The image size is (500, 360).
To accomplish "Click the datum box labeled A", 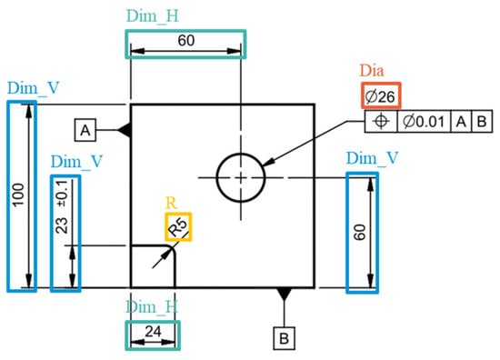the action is pyautogui.click(x=85, y=130).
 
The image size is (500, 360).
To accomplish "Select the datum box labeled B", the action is pyautogui.click(x=285, y=338).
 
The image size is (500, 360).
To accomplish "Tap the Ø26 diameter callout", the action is pyautogui.click(x=381, y=96).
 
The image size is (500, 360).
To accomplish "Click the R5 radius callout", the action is pyautogui.click(x=178, y=226).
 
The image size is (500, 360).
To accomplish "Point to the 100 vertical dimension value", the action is pyautogui.click(x=19, y=195).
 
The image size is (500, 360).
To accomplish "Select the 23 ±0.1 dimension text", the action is pyautogui.click(x=62, y=207).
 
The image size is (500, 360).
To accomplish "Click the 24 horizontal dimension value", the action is pyautogui.click(x=153, y=332).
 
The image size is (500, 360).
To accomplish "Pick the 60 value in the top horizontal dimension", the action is pyautogui.click(x=186, y=41).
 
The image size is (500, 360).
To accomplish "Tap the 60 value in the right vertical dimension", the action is pyautogui.click(x=360, y=232).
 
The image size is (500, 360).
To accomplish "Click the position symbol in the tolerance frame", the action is pyautogui.click(x=381, y=121).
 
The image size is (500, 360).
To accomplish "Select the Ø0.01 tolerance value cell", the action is pyautogui.click(x=424, y=122).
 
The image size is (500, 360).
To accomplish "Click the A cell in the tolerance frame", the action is pyautogui.click(x=461, y=122).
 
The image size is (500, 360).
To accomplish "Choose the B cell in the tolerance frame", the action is pyautogui.click(x=482, y=122).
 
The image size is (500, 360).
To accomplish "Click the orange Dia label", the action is pyautogui.click(x=372, y=71).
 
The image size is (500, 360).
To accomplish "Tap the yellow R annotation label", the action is pyautogui.click(x=171, y=203).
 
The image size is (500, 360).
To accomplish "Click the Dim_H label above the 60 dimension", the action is pyautogui.click(x=153, y=16).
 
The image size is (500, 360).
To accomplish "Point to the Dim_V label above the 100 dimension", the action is pyautogui.click(x=33, y=88).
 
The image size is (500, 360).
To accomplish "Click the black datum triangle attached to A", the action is pyautogui.click(x=124, y=130).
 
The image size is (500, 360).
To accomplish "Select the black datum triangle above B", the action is pyautogui.click(x=285, y=294).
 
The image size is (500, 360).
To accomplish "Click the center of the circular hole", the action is pyautogui.click(x=241, y=177).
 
